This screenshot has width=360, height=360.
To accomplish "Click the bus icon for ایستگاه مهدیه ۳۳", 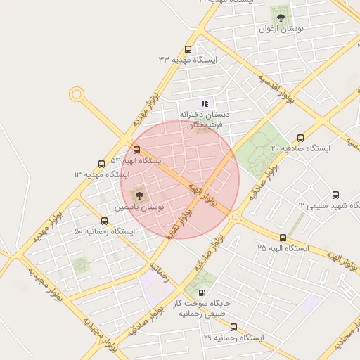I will (188, 49).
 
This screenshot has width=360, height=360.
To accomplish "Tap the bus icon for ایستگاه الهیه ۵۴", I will (136, 150).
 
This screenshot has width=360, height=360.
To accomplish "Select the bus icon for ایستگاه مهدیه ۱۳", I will (102, 164).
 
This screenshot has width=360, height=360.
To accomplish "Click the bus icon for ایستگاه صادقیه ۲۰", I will (301, 138).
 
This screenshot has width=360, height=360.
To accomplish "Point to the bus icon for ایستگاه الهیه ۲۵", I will (283, 238).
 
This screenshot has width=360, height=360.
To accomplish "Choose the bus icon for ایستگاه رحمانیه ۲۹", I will (233, 327).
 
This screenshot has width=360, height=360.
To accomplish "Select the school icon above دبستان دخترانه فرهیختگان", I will (205, 103).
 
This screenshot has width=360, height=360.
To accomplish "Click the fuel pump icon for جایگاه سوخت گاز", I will (202, 293).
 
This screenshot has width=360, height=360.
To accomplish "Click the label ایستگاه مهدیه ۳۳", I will (188, 60).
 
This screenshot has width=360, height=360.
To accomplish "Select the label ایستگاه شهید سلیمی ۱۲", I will (328, 205).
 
